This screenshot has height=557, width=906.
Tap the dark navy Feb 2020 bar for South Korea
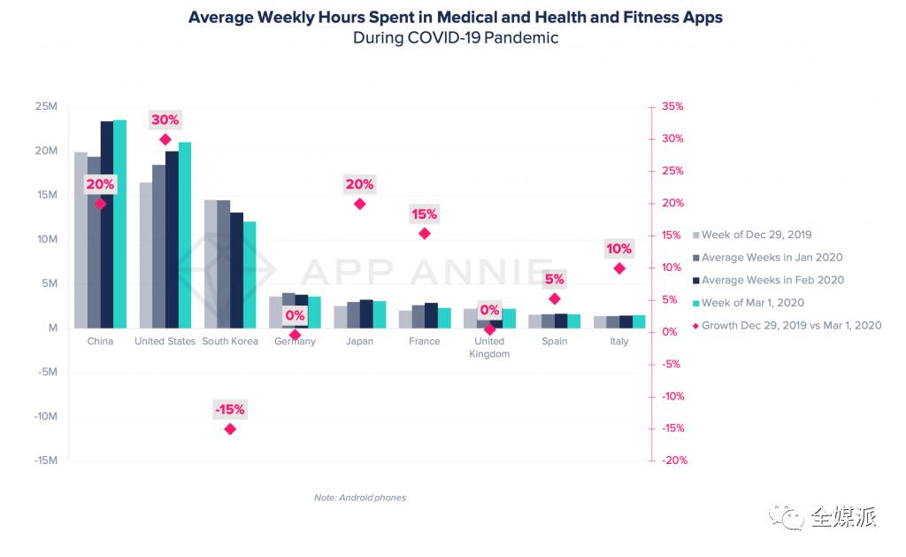click(236, 270)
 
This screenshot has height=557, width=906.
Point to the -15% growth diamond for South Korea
click(230, 429)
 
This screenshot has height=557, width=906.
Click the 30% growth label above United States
click(165, 120)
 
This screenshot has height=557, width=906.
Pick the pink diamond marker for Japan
click(359, 204)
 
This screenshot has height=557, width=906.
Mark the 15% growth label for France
click(424, 214)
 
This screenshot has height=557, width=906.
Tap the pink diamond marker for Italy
click(619, 268)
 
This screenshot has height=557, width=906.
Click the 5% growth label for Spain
click(555, 279)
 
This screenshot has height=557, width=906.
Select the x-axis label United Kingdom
click(489, 347)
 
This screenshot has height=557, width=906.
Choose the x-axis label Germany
click(295, 341)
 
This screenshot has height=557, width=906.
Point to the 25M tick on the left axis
click(46, 106)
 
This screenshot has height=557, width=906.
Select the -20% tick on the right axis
click(672, 460)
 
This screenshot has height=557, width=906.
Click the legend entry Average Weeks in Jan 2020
click(772, 258)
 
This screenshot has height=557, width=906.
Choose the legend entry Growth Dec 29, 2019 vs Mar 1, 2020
click(791, 326)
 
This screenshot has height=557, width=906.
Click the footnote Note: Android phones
click(360, 498)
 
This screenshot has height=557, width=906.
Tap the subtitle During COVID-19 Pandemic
click(456, 38)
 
